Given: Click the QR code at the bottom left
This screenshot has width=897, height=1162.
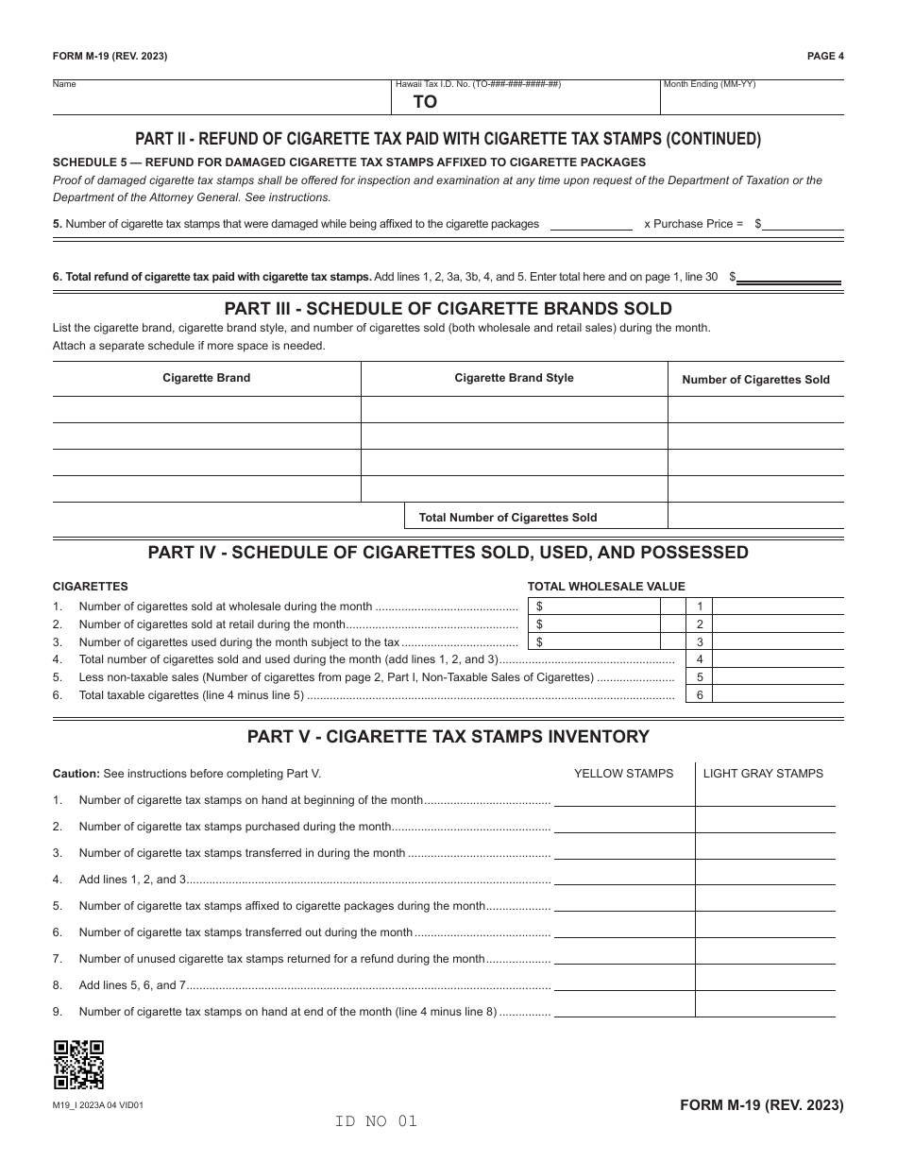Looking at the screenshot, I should click(x=78, y=1065).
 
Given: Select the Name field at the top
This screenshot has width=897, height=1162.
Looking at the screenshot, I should click(x=222, y=98).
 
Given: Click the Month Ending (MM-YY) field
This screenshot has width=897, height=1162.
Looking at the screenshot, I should click(x=753, y=98).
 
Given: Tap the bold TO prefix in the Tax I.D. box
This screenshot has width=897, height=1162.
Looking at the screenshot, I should click(x=425, y=103).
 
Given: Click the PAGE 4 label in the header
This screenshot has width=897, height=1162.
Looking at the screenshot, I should click(x=825, y=56).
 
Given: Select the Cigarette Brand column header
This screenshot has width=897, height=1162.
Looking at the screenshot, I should click(x=206, y=378).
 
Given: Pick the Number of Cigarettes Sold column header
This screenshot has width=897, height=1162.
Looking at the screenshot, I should click(x=755, y=380).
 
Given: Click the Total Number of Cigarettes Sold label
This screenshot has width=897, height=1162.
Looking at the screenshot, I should click(x=508, y=518).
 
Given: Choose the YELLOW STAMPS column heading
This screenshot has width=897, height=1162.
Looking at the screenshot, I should click(x=623, y=774).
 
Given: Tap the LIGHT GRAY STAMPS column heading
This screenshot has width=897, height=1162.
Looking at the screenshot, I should click(x=763, y=774).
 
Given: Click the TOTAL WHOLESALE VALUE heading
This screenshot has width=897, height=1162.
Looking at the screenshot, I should click(x=606, y=587).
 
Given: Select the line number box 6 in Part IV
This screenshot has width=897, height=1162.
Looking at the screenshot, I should click(x=700, y=695).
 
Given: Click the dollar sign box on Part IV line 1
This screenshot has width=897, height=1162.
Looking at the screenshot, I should click(x=593, y=607).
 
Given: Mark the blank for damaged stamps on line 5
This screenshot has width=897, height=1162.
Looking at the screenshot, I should click(x=591, y=224).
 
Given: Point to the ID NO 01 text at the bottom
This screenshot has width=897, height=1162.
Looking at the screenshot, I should click(x=375, y=1121).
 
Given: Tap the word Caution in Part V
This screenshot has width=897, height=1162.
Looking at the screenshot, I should click(x=75, y=774).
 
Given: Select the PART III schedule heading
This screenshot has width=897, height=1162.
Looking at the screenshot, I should click(x=448, y=309).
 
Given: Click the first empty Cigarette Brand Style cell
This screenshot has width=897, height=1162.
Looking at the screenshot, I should click(x=515, y=410).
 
